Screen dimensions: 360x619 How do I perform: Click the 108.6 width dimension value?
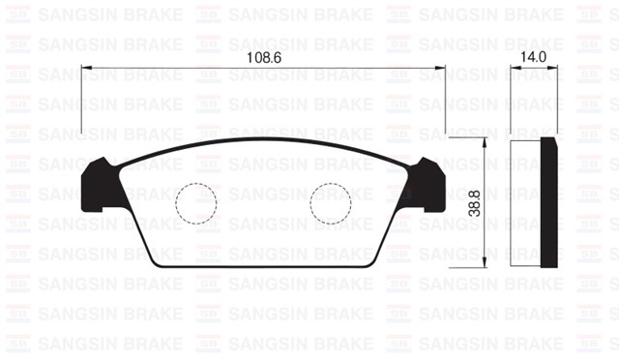[264, 58]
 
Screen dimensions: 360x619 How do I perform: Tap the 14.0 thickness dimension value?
[533, 57]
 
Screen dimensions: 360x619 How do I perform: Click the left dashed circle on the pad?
[195, 204]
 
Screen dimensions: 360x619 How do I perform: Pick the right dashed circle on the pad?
[331, 204]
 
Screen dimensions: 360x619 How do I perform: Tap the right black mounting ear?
[427, 183]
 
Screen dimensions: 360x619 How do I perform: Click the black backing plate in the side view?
[550, 202]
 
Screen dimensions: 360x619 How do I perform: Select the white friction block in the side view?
[525, 202]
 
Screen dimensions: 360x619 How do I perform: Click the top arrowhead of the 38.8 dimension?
[482, 142]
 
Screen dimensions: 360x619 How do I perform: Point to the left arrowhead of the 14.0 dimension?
[513, 68]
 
